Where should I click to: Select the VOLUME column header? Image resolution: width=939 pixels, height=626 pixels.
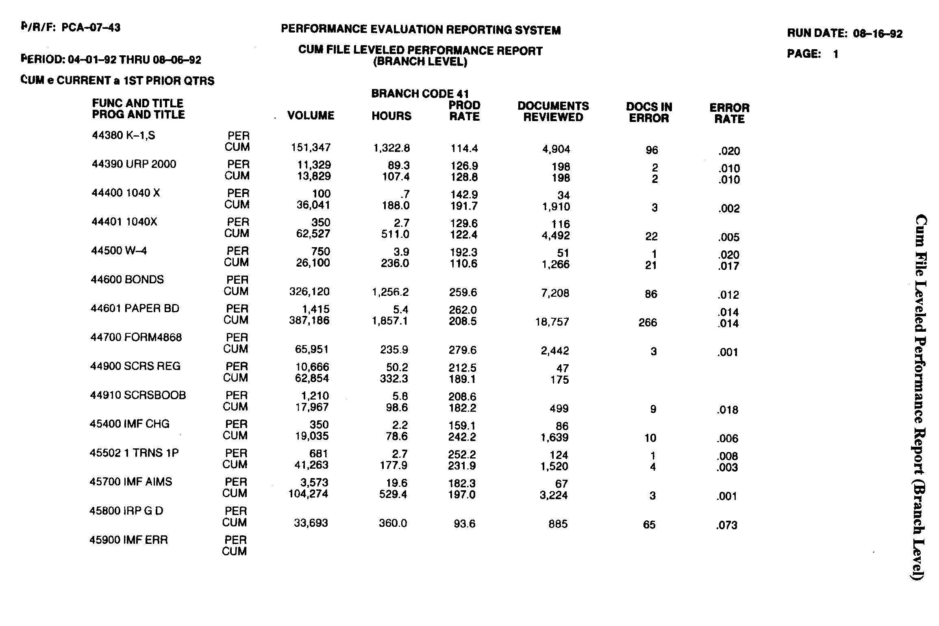pyautogui.click(x=311, y=116)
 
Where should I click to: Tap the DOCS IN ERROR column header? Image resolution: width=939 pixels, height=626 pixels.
pyautogui.click(x=649, y=113)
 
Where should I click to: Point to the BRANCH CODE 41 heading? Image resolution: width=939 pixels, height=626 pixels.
pyautogui.click(x=420, y=94)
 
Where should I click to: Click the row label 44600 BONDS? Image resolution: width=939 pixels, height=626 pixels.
pyautogui.click(x=127, y=280)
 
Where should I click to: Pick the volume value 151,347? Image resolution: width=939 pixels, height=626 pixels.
pyautogui.click(x=311, y=148)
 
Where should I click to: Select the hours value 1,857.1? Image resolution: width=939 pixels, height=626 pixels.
pyautogui.click(x=390, y=321)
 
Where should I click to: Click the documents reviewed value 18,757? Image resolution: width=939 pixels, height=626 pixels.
pyautogui.click(x=552, y=322)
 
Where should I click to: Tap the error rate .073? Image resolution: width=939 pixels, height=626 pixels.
pyautogui.click(x=726, y=525)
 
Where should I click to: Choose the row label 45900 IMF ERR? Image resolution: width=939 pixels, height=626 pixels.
pyautogui.click(x=128, y=540)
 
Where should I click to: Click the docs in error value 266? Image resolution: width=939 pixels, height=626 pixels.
pyautogui.click(x=648, y=323)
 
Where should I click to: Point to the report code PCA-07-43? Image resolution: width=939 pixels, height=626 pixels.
pyautogui.click(x=91, y=28)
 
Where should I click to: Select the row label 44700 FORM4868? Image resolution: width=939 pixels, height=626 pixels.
pyautogui.click(x=136, y=337)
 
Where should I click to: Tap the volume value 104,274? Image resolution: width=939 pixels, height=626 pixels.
pyautogui.click(x=308, y=494)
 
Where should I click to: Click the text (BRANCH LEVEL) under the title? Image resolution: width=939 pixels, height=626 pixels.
pyautogui.click(x=420, y=62)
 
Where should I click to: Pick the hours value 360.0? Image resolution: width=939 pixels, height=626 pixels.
pyautogui.click(x=393, y=524)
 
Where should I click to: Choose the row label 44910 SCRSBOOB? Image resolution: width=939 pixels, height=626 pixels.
pyautogui.click(x=138, y=395)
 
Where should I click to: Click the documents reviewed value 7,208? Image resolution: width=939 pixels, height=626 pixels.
pyautogui.click(x=555, y=293)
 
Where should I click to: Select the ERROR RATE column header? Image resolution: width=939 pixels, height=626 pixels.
pyautogui.click(x=729, y=113)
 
